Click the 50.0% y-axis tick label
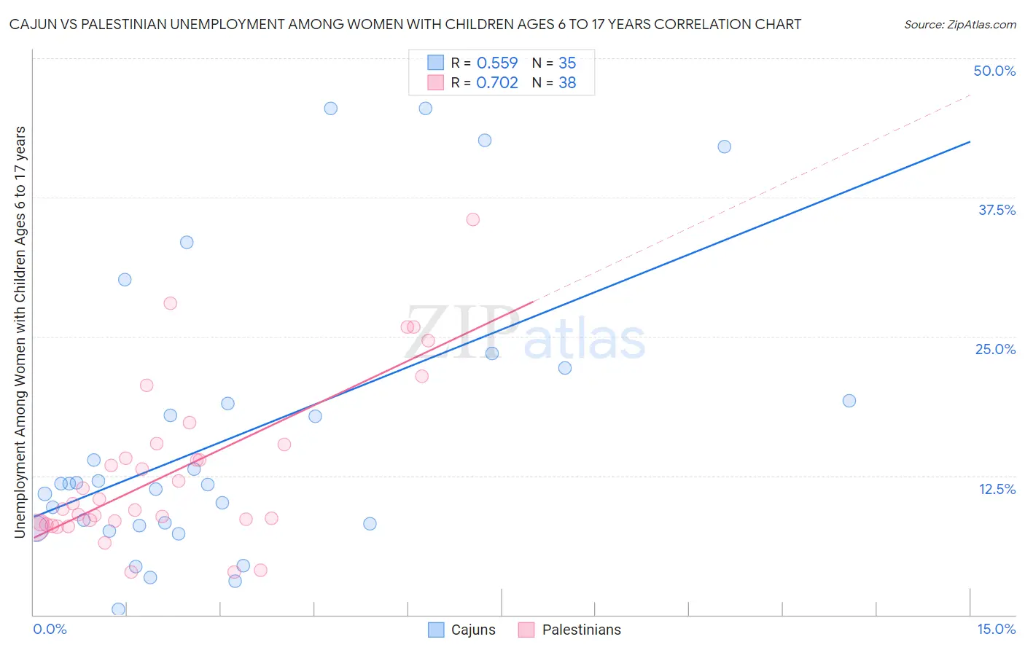(994, 71)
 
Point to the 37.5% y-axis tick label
(997, 210)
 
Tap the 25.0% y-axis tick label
(995, 349)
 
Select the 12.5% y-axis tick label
(997, 489)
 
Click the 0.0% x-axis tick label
(50, 629)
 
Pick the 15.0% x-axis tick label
(996, 629)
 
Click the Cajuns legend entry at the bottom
(461, 630)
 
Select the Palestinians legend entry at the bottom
(570, 630)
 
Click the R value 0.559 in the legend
(496, 63)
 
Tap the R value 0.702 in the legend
(496, 82)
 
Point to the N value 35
(567, 63)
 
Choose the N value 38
(567, 82)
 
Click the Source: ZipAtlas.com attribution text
(959, 24)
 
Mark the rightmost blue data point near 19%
(849, 401)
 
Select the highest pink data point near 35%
(472, 219)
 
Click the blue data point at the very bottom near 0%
(118, 609)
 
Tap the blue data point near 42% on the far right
(724, 146)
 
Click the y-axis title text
(20, 332)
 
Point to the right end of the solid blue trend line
(970, 141)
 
